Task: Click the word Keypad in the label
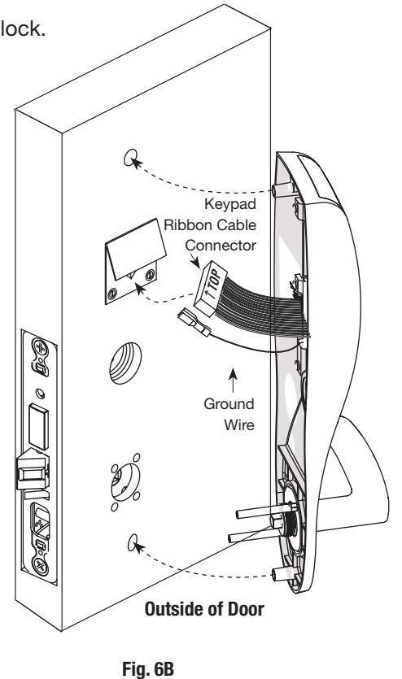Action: pyautogui.click(x=230, y=204)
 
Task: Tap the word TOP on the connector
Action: pyautogui.click(x=216, y=281)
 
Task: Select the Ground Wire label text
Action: pyautogui.click(x=229, y=414)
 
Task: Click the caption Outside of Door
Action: pyautogui.click(x=204, y=609)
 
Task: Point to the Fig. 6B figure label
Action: pyautogui.click(x=148, y=668)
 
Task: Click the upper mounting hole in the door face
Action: pyautogui.click(x=130, y=158)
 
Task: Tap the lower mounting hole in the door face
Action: pyautogui.click(x=133, y=542)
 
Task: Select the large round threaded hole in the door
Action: pyautogui.click(x=125, y=363)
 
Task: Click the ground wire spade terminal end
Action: pyautogui.click(x=193, y=324)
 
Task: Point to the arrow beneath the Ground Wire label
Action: pyautogui.click(x=233, y=381)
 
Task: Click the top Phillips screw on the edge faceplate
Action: pyautogui.click(x=40, y=347)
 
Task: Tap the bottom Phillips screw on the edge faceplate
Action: pyautogui.click(x=41, y=565)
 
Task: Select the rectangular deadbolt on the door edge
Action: pyautogui.click(x=38, y=426)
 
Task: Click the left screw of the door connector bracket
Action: pyautogui.click(x=112, y=294)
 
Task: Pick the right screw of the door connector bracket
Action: pyautogui.click(x=150, y=274)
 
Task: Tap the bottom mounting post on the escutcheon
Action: pyautogui.click(x=284, y=575)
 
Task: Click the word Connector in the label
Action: pyautogui.click(x=221, y=246)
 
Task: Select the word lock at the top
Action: pyautogui.click(x=22, y=28)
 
